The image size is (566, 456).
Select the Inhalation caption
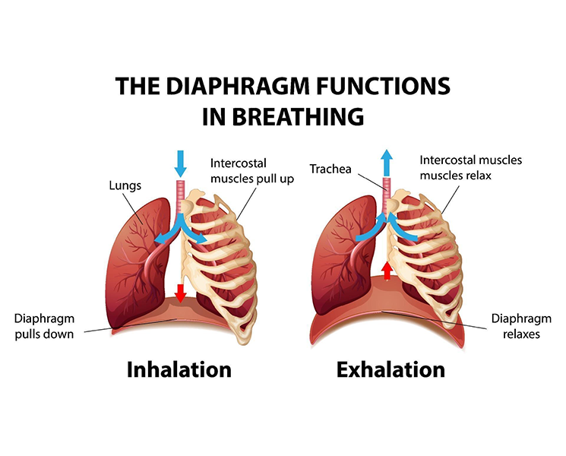click(179, 370)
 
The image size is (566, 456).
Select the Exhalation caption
click(391, 370)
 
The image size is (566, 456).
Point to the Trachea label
click(330, 169)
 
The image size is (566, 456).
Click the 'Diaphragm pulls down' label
click(44, 326)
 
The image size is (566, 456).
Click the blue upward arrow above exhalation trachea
click(387, 162)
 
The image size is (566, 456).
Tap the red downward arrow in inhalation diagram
click(180, 292)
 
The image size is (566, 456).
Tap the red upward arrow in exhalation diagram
click(387, 270)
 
